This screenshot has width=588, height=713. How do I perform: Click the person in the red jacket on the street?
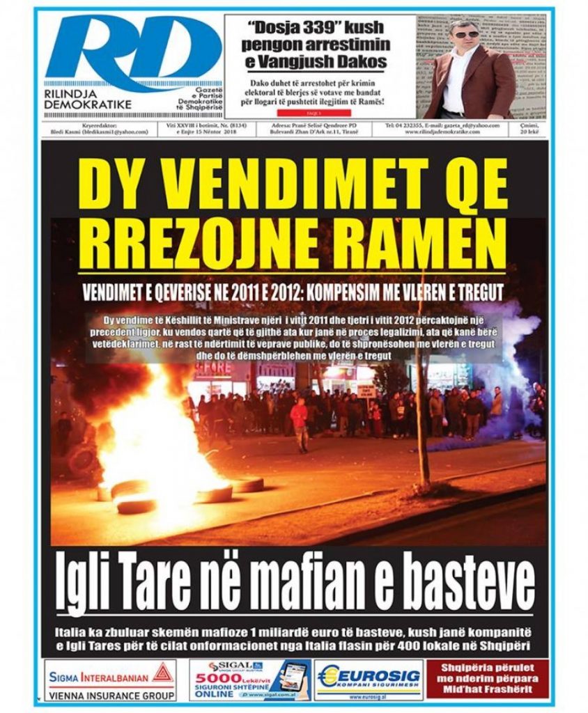[300, 421]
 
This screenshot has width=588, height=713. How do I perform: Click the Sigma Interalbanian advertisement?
[111, 681]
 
